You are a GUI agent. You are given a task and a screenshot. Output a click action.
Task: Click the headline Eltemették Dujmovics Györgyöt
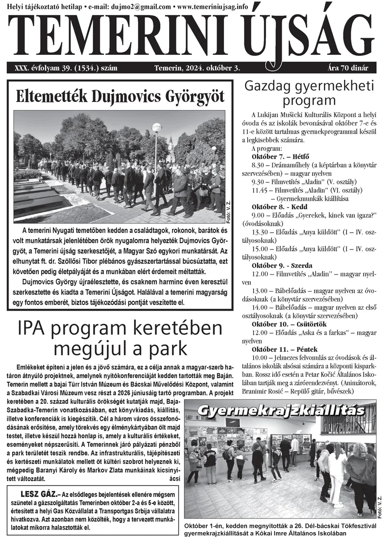pyautogui.click(x=121, y=95)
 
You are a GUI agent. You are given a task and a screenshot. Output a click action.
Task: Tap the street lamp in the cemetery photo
pyautogui.click(x=157, y=128)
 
